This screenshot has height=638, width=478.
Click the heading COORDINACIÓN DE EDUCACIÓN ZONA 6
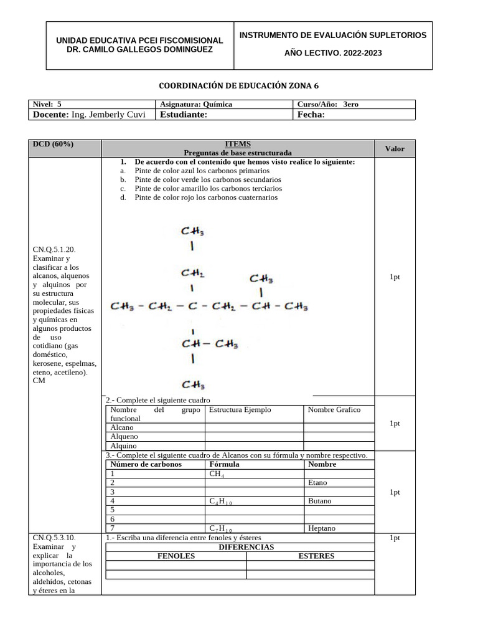tap(239, 85)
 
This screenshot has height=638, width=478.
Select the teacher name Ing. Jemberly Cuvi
tap(108, 115)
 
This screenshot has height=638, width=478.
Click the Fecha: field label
tap(311, 115)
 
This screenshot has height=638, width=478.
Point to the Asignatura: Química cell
tap(196, 105)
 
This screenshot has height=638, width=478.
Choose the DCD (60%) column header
tap(53, 144)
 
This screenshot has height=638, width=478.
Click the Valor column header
tap(395, 148)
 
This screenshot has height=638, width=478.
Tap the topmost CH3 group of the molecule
tap(193, 231)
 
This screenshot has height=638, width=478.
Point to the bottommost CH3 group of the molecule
tap(193, 384)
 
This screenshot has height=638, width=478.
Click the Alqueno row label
tap(124, 437)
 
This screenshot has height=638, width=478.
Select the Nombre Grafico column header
tap(334, 409)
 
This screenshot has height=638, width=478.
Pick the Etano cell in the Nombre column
tap(317, 482)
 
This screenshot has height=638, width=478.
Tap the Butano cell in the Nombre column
tap(319, 500)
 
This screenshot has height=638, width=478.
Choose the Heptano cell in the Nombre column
tap(322, 528)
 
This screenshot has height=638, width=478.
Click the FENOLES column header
tap(176, 556)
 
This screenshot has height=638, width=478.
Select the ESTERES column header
tap(316, 556)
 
